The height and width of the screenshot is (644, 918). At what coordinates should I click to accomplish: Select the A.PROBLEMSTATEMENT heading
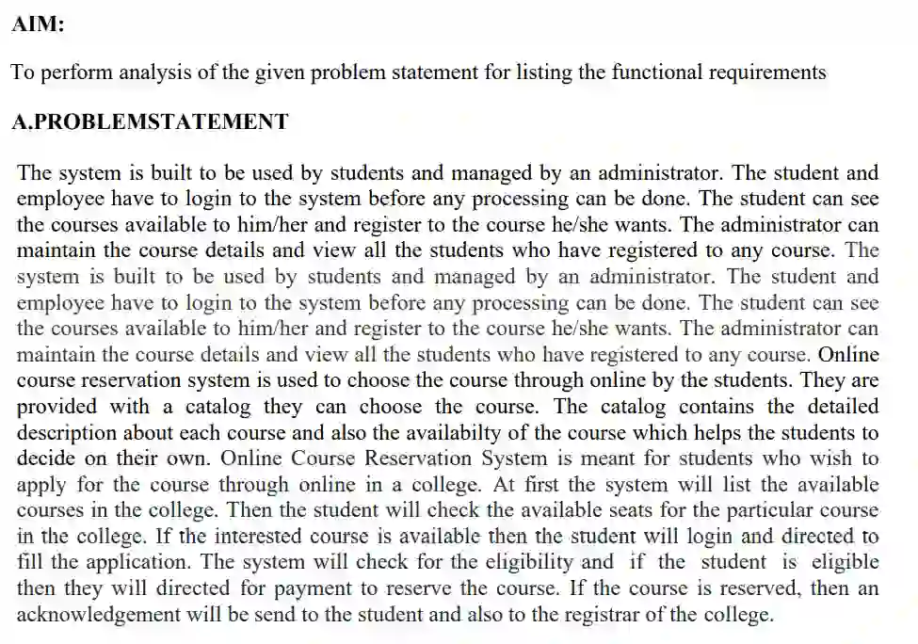click(150, 121)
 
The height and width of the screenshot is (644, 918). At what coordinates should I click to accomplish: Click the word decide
click(44, 459)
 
